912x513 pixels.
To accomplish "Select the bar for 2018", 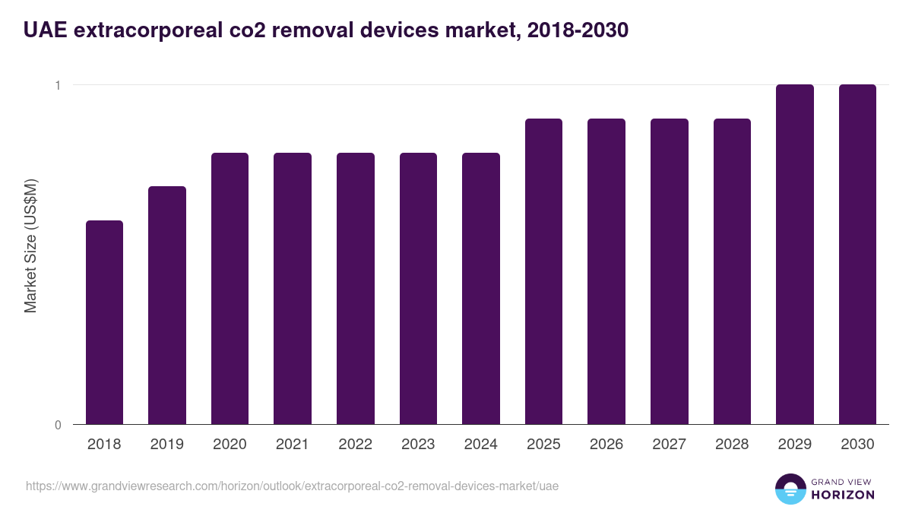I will tap(104, 322).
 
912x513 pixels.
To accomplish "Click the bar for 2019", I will tap(167, 305).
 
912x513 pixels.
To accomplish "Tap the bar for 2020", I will tap(230, 288).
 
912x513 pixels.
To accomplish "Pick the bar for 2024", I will tap(481, 288).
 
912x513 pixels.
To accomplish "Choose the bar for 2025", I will tap(543, 271).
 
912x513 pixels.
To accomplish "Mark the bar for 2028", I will tap(732, 271).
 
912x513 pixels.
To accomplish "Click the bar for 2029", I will tap(795, 254).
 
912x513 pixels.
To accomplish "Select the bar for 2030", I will tap(857, 254).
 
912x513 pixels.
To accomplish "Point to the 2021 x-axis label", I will tap(293, 445).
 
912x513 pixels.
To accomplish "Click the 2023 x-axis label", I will tap(418, 445).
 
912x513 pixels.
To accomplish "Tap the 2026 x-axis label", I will tap(606, 445).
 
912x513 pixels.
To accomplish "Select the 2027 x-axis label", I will tap(670, 445).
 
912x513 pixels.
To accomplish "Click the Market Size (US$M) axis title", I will tap(30, 245).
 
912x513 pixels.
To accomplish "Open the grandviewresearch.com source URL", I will tap(292, 486).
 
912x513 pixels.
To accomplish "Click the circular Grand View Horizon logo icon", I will tap(790, 489).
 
